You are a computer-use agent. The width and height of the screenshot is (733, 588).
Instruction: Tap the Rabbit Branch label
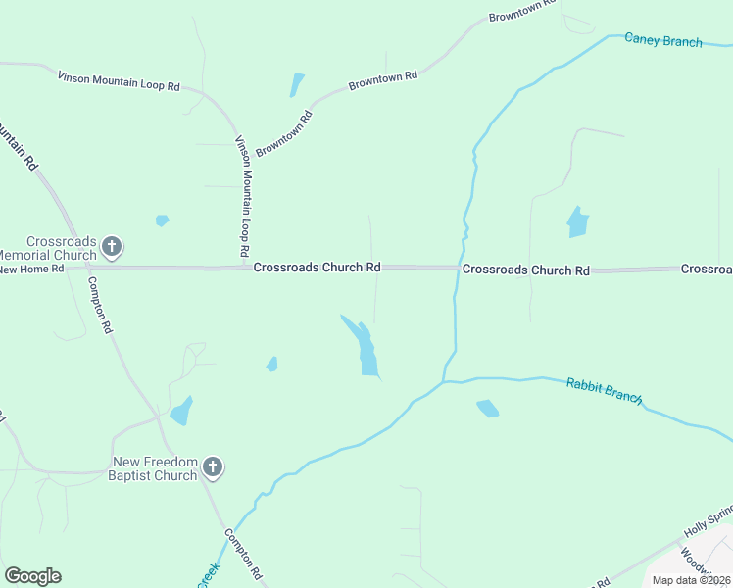pos(604,391)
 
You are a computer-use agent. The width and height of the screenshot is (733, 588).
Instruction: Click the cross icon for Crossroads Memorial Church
pos(113,246)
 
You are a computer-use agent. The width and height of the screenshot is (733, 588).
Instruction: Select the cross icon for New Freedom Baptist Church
pos(214,468)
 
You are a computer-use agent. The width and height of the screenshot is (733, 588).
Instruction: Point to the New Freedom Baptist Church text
pos(155,469)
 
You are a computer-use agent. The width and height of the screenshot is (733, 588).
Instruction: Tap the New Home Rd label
pos(31,269)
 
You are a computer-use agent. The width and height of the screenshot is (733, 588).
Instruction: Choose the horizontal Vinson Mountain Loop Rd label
pos(119,80)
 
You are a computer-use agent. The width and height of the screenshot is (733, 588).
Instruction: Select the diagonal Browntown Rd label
pos(284,134)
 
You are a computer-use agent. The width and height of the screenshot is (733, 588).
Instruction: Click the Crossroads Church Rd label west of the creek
pos(317,268)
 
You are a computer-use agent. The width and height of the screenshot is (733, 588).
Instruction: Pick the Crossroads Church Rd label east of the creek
pos(526,269)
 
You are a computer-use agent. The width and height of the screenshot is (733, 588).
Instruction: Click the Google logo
pos(32,576)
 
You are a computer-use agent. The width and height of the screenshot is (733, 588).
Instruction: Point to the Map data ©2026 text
pos(692,580)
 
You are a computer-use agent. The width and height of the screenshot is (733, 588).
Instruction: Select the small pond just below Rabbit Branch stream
pos(487,408)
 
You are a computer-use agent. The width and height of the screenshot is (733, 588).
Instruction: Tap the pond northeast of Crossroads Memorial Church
pos(162,220)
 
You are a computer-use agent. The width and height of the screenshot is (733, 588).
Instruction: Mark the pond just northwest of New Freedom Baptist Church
pos(181,411)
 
